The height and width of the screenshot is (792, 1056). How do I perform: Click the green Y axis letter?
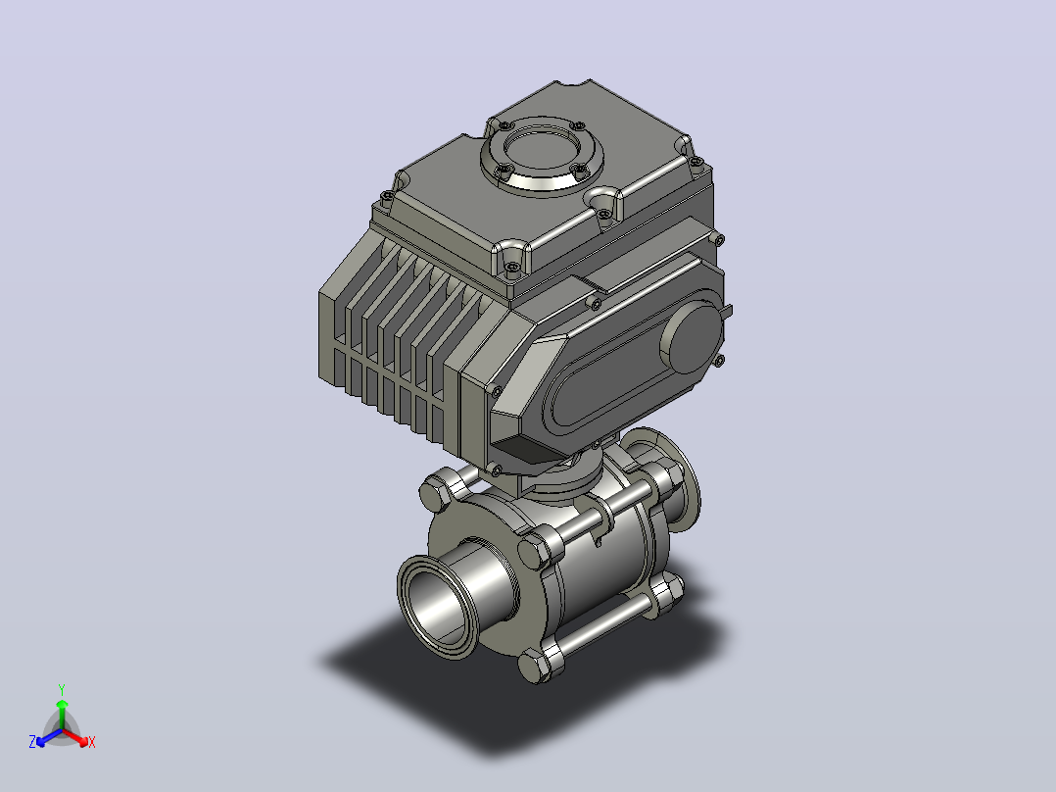(x=62, y=689)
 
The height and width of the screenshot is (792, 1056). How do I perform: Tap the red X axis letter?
(x=92, y=742)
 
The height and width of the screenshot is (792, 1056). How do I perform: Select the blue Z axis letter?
(x=32, y=741)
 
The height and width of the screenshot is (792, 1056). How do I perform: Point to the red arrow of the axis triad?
(x=75, y=737)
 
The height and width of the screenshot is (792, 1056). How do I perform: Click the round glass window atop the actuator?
(x=542, y=157)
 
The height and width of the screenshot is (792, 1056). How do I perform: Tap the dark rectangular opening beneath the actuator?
(x=529, y=450)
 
